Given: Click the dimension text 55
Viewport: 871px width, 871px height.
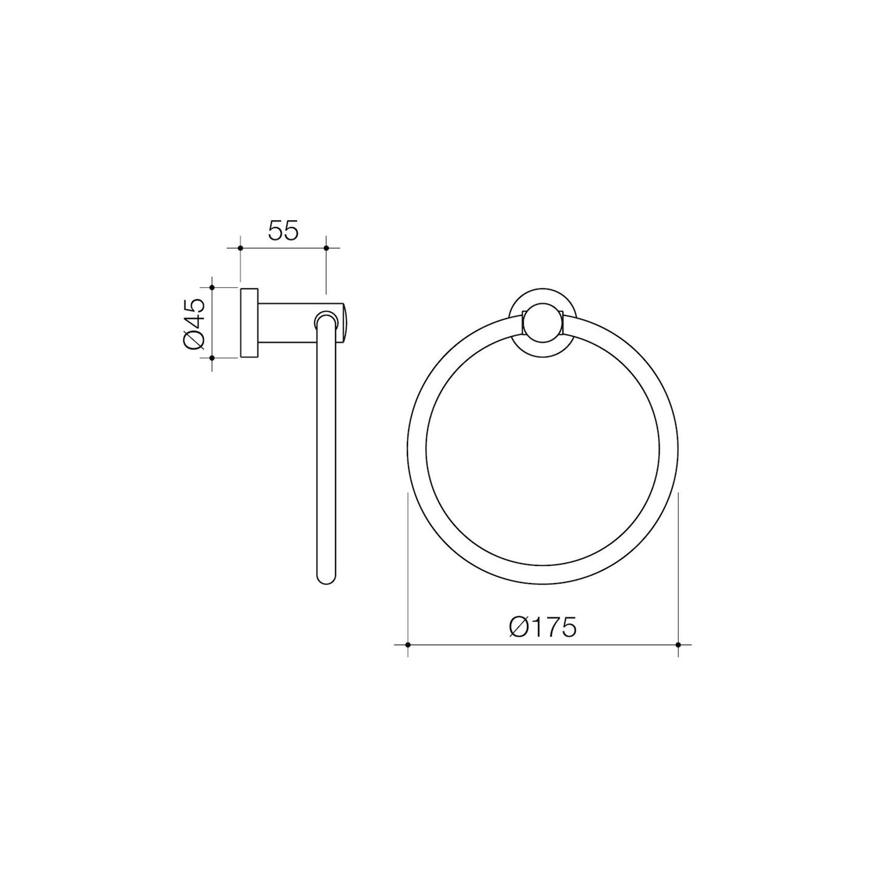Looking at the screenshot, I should (283, 231).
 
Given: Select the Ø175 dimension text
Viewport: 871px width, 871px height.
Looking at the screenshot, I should (543, 627).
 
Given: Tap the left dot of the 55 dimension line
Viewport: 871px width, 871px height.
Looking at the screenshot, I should (240, 248).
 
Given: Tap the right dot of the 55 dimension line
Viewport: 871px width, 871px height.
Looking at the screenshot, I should (326, 248).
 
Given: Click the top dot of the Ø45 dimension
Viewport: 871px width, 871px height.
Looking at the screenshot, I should (212, 287).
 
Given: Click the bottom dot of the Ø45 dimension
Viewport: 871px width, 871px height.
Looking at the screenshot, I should (212, 358).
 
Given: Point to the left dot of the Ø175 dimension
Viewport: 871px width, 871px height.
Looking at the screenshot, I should (408, 645).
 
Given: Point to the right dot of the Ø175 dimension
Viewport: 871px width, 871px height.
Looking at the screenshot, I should (678, 645).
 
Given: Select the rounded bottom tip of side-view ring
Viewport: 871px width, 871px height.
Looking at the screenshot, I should (326, 578).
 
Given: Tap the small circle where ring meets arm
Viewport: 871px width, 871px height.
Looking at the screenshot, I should (326, 320).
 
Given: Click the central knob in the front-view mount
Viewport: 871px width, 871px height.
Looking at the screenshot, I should (543, 323).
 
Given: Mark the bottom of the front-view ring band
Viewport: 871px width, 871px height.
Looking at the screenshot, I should (543, 574).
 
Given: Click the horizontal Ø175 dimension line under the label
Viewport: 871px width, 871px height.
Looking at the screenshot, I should (543, 645).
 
